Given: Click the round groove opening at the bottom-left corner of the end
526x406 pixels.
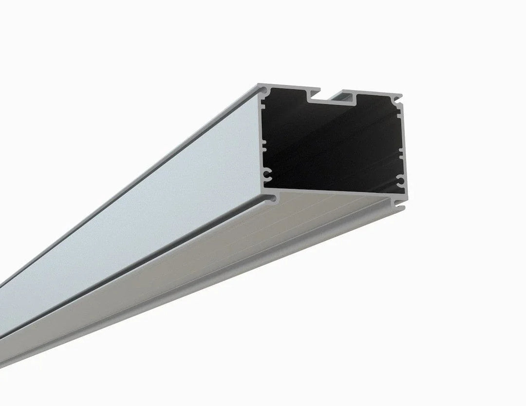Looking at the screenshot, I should (271, 199).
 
